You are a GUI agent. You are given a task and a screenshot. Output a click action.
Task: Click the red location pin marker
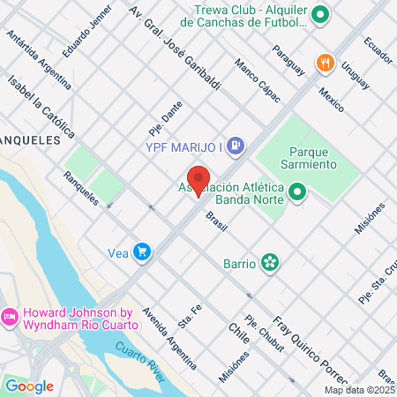click(x=198, y=180)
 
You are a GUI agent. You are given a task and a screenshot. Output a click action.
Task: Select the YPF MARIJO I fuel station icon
click(x=236, y=146)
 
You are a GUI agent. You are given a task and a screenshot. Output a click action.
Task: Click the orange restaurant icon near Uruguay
click(x=326, y=62)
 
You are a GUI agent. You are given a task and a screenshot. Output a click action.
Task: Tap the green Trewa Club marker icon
click(x=320, y=14)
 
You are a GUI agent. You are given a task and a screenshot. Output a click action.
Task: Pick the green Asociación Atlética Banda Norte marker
click(x=298, y=191)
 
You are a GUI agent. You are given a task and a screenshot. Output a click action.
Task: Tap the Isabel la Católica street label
click(x=41, y=105)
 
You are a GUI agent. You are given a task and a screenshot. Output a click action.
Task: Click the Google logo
click(x=29, y=386)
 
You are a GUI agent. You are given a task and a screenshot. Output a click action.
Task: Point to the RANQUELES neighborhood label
click(x=30, y=139)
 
